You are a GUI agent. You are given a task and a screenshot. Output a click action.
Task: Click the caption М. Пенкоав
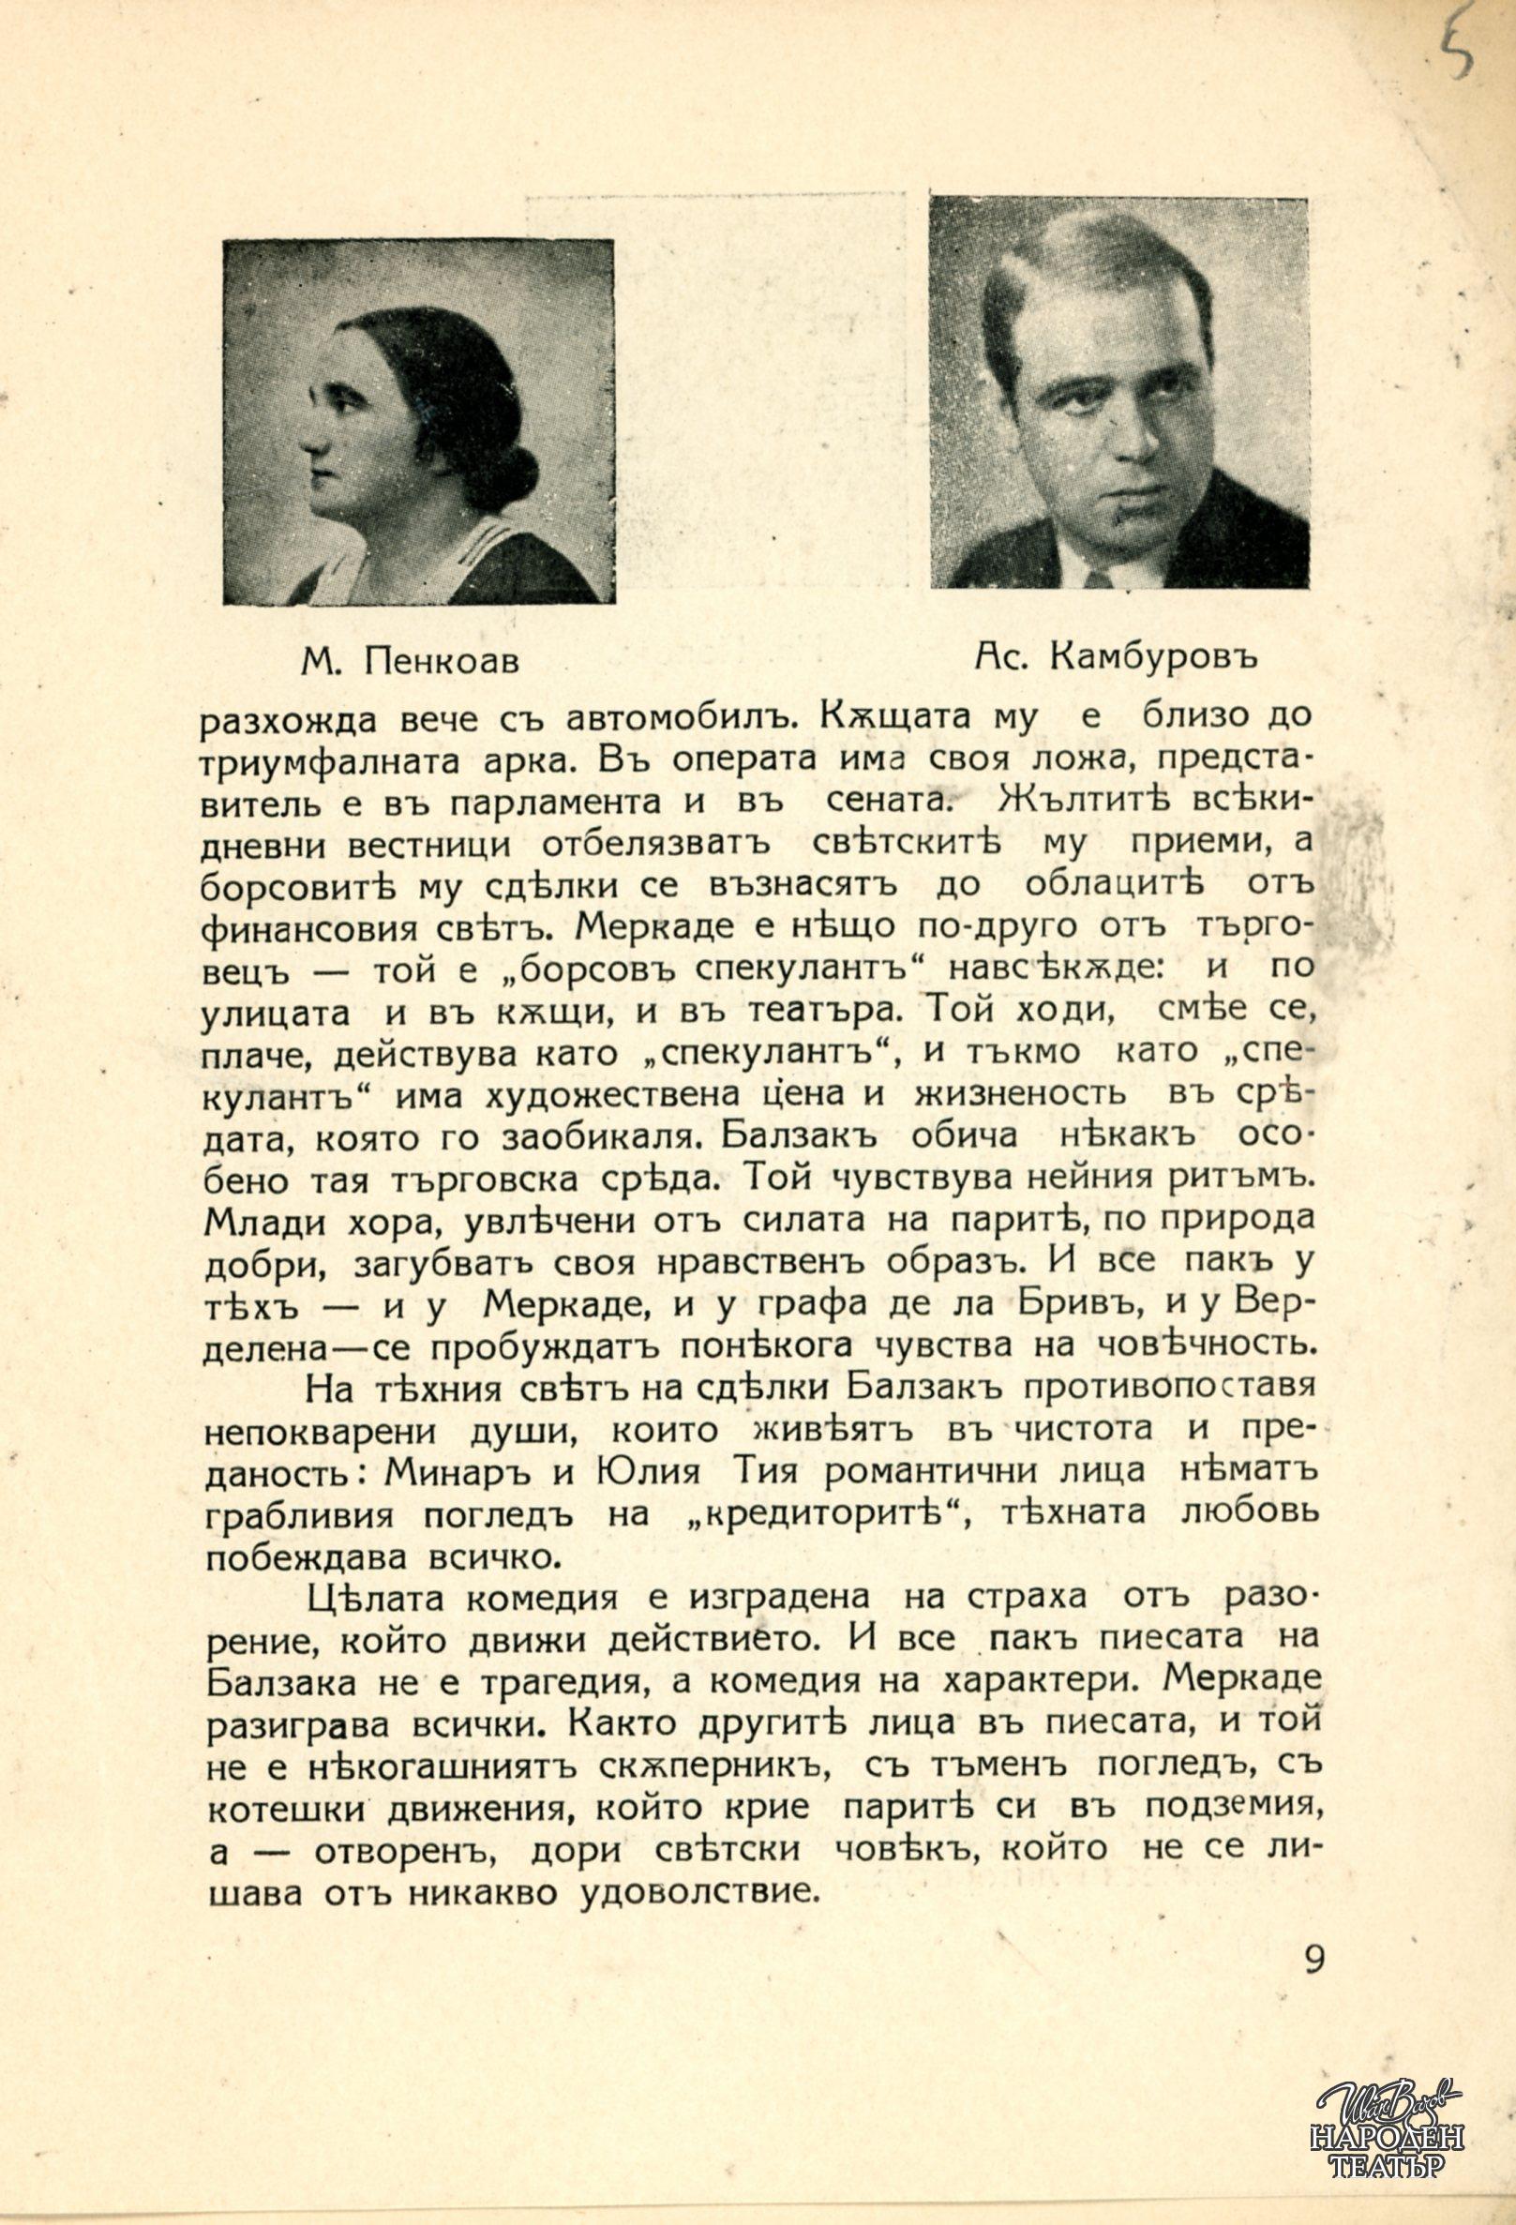point(410,662)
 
